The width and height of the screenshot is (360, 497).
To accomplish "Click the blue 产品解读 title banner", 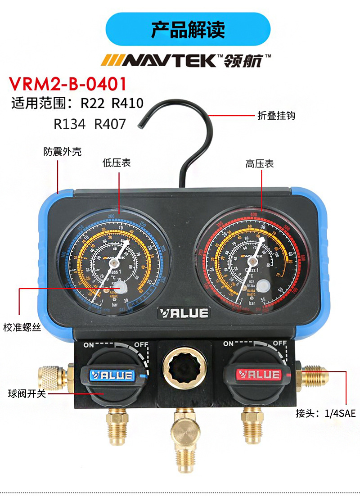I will [x=188, y=29].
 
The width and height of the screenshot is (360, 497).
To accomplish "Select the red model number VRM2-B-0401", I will [x=68, y=84].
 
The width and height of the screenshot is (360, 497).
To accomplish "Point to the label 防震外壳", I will [x=63, y=152].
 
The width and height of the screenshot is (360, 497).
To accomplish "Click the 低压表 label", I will [x=117, y=163].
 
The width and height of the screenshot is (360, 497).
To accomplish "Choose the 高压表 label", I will [x=260, y=164].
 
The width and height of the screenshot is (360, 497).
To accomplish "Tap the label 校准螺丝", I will [x=22, y=327].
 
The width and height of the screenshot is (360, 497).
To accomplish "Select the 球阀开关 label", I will [x=27, y=394].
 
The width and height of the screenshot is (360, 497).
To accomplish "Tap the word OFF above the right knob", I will [x=280, y=343].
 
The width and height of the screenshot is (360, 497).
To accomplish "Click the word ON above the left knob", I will [x=88, y=344].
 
